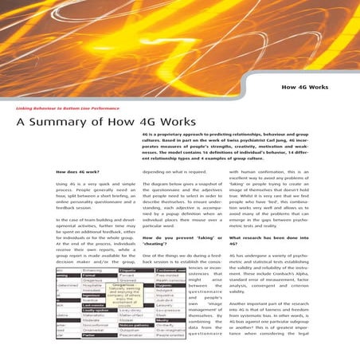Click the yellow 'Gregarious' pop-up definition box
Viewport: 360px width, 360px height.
coord(128,296)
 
